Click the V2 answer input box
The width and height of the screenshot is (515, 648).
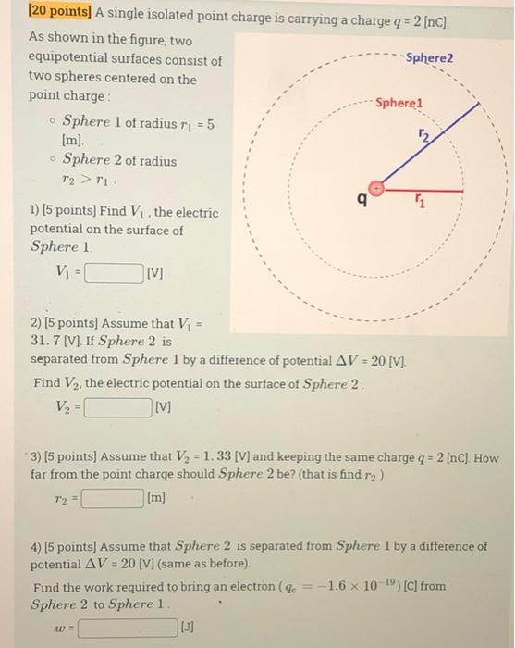coord(117,405)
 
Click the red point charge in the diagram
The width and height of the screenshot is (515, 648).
coord(375,187)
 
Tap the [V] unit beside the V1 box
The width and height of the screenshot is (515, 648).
coord(155,274)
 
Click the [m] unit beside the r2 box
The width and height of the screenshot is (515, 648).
coord(156,499)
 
